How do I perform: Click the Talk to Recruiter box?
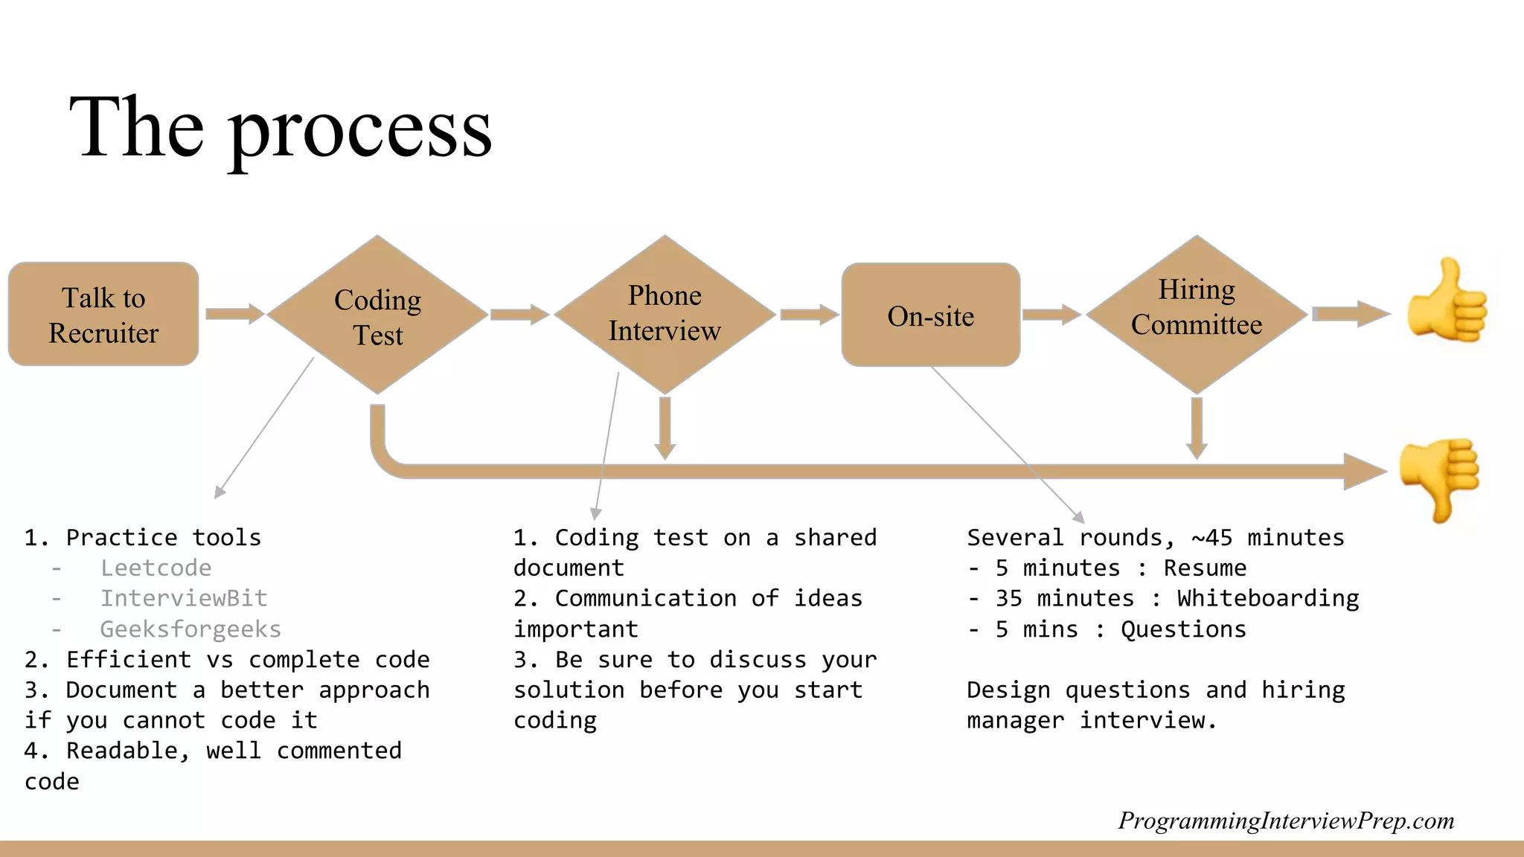tap(103, 314)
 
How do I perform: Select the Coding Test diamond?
tap(377, 315)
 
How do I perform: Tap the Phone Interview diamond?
tap(665, 314)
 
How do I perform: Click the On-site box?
tap(930, 315)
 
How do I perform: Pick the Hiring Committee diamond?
tap(1197, 314)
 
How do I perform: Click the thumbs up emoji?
tap(1447, 302)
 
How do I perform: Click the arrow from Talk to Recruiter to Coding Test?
tap(234, 313)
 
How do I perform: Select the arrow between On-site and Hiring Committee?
tap(1051, 314)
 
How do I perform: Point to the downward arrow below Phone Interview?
tap(665, 427)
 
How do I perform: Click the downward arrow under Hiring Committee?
tap(1197, 427)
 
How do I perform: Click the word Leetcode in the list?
tap(156, 568)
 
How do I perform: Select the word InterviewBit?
tap(184, 598)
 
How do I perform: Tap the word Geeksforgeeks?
tap(190, 629)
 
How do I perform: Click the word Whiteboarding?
tap(1268, 598)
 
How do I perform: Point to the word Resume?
tap(1205, 568)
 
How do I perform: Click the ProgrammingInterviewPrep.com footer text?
tap(1286, 821)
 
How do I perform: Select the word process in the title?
tap(360, 128)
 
